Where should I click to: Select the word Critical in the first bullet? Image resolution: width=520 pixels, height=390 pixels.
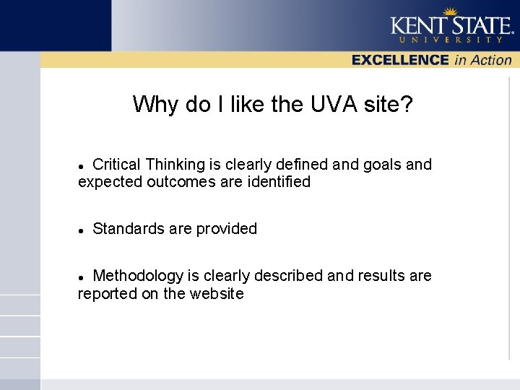(x=117, y=165)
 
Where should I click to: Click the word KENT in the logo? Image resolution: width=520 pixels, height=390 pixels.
(x=417, y=27)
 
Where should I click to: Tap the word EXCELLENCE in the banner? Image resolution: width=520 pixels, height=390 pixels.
(x=400, y=61)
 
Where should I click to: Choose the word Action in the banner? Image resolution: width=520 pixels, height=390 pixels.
(x=491, y=61)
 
